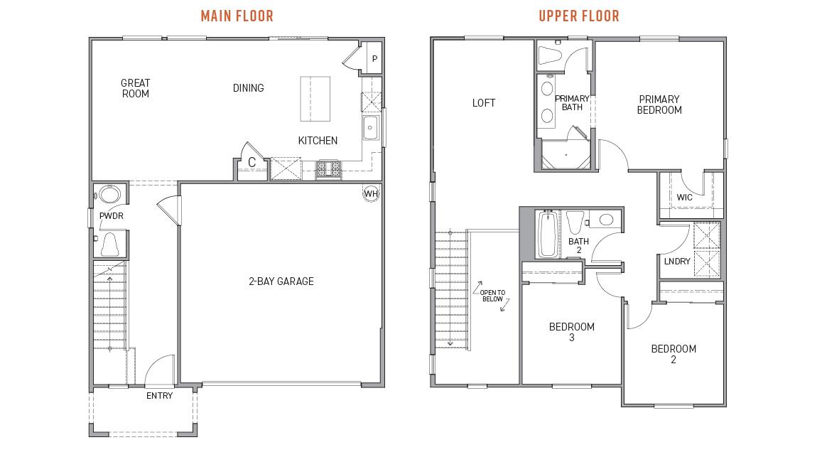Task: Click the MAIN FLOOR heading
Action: (237, 16)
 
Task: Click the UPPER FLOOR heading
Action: (578, 16)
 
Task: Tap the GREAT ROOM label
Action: (135, 88)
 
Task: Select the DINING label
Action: (248, 88)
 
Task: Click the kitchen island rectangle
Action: (315, 99)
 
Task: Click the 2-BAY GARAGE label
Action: (281, 281)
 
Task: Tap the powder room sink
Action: (109, 195)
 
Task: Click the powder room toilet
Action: (110, 244)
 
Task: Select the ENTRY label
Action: (159, 396)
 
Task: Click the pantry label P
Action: (374, 59)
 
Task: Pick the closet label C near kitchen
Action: (251, 163)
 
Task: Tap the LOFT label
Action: (484, 103)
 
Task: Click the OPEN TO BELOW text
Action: (492, 296)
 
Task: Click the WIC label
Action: (684, 198)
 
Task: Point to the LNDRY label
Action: (676, 262)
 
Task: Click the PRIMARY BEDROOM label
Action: (659, 104)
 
